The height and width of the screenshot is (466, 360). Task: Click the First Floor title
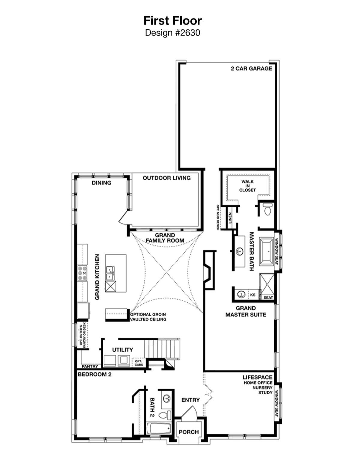point(172,21)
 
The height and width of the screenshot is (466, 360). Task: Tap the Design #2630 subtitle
point(172,33)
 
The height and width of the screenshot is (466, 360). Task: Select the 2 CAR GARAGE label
point(251,68)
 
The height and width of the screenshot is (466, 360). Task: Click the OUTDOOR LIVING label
point(166,178)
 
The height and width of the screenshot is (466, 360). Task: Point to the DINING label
point(101,183)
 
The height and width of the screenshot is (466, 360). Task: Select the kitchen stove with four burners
point(82,273)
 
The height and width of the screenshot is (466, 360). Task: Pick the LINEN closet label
point(230,218)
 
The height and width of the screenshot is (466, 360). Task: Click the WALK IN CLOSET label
point(247,186)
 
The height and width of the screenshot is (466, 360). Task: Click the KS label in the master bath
point(253,295)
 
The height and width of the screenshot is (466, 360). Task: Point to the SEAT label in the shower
point(268,297)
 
